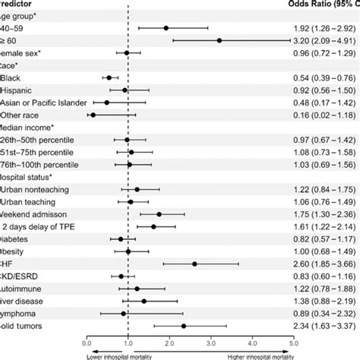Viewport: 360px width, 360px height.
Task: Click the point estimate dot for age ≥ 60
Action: click(219, 40)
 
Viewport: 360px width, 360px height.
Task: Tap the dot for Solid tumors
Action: click(184, 326)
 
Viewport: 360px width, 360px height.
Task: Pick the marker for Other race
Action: click(93, 115)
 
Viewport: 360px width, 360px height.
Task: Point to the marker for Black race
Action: click(109, 77)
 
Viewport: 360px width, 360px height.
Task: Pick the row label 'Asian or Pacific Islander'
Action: click(43, 103)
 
